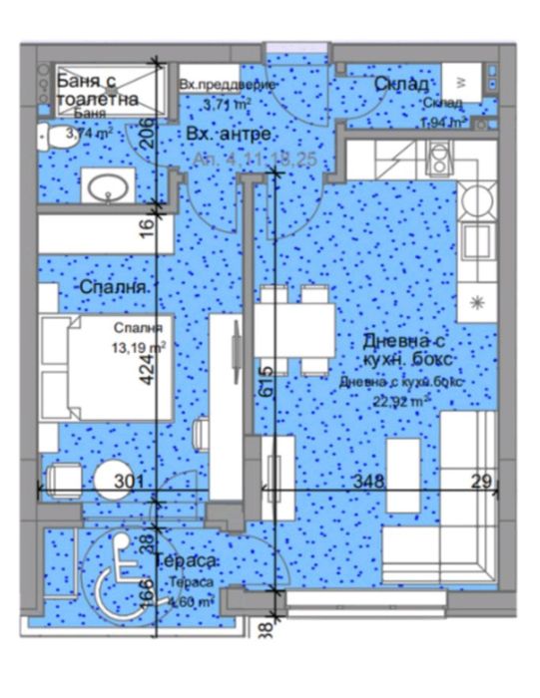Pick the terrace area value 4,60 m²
pos(193,601)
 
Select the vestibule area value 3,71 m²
pos(226,103)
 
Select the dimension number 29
pos(482,482)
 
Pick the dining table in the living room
pos(294,329)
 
